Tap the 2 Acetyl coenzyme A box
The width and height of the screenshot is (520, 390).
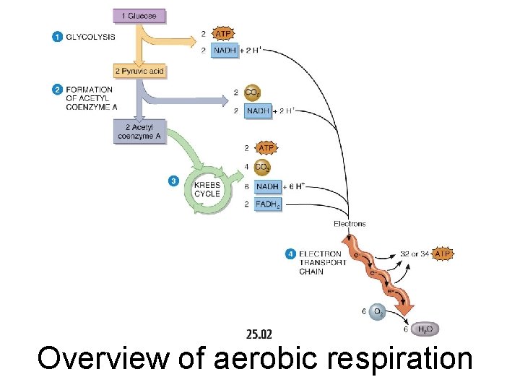coord(139,131)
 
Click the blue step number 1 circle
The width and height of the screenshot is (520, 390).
coord(57,37)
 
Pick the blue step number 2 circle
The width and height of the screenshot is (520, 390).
coord(57,90)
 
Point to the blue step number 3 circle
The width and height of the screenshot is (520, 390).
coord(173,181)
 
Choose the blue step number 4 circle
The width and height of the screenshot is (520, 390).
coord(290,253)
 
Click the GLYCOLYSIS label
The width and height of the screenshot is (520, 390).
coord(90,37)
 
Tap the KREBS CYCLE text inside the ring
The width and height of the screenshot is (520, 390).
coord(207,189)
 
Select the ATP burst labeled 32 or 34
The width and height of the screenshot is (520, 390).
coord(442,253)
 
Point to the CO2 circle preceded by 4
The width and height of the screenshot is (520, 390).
coord(262,168)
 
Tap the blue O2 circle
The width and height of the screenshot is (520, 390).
coord(376,312)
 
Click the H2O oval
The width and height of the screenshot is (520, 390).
coord(425,329)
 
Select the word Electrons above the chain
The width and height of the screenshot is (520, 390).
coord(350,224)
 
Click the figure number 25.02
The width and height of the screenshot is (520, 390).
coord(259,334)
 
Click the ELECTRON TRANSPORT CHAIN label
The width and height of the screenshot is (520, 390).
coord(323,263)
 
